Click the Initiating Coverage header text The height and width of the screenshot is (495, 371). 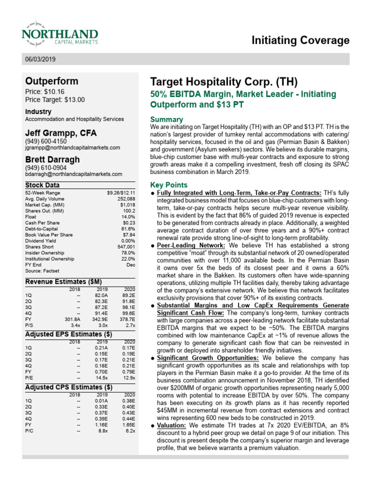[300, 41]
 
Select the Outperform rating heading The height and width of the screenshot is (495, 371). [51, 81]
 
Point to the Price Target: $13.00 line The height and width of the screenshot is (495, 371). [55, 100]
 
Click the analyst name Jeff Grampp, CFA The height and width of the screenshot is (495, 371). [61, 132]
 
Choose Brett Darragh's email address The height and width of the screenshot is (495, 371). [73, 174]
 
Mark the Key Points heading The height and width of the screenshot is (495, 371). [169, 185]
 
